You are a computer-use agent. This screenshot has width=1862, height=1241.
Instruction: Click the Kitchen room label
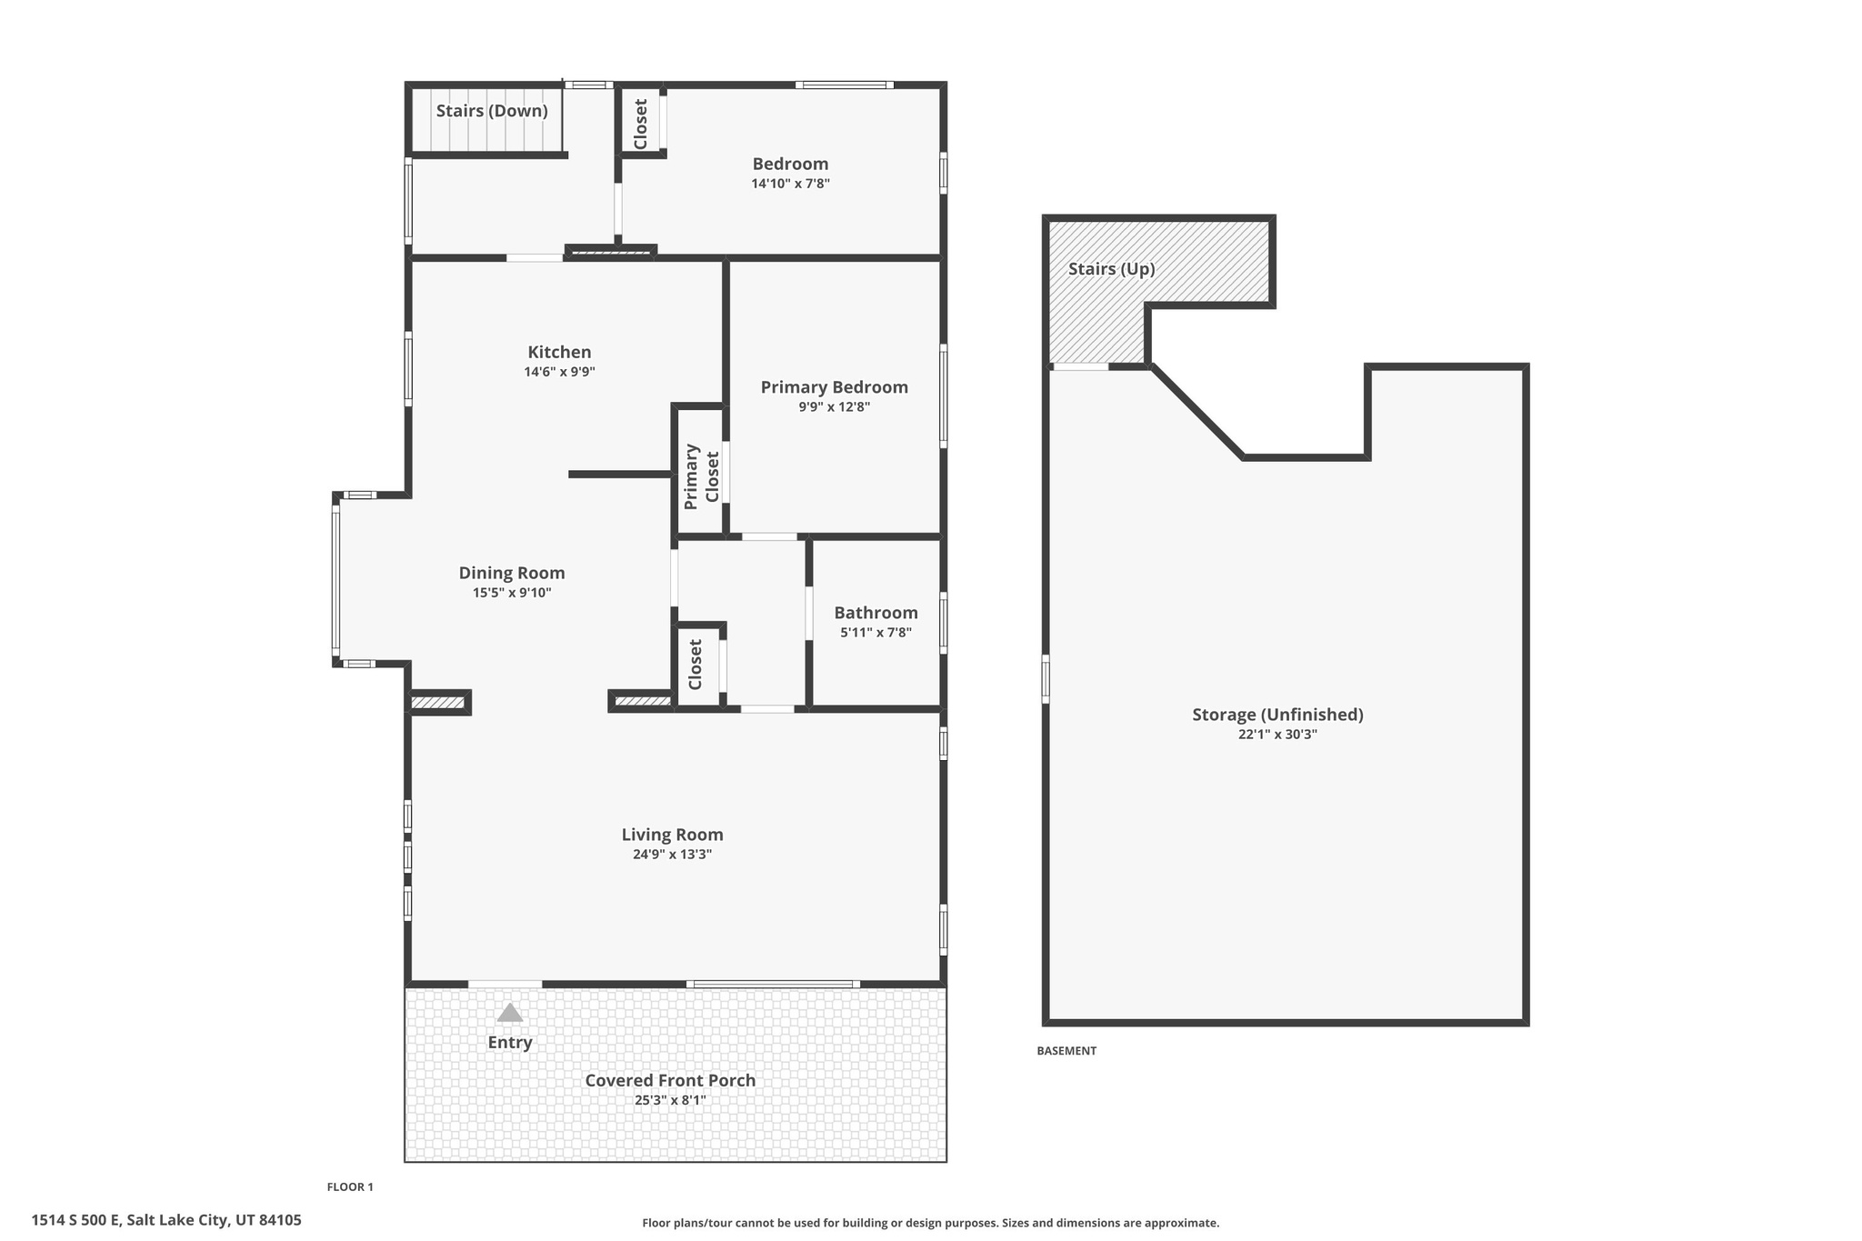pyautogui.click(x=559, y=353)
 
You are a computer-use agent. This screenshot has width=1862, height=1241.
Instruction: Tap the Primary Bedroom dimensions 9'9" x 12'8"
pyautogui.click(x=834, y=407)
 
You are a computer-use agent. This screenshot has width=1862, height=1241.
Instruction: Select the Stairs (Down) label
pyautogui.click(x=492, y=111)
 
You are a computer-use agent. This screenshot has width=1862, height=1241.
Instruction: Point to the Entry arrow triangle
pyautogui.click(x=510, y=1013)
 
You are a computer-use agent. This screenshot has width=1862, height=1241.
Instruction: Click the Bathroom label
pyautogui.click(x=876, y=613)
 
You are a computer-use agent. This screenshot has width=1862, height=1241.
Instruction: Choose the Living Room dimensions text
pyautogui.click(x=672, y=855)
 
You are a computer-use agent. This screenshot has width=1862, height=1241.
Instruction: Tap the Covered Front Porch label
pyautogui.click(x=670, y=1080)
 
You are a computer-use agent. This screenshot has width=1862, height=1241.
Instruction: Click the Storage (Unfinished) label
pyautogui.click(x=1277, y=715)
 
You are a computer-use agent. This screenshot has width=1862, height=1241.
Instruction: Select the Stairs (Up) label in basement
pyautogui.click(x=1111, y=269)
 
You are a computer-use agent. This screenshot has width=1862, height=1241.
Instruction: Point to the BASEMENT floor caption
pyautogui.click(x=1066, y=1051)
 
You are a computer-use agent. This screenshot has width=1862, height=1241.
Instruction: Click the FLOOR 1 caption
pyautogui.click(x=350, y=1186)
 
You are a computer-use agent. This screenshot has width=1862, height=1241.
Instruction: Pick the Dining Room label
pyautogui.click(x=512, y=573)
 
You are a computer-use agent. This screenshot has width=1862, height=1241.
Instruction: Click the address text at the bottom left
pyautogui.click(x=166, y=1220)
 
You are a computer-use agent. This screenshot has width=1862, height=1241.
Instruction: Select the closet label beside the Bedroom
pyautogui.click(x=640, y=124)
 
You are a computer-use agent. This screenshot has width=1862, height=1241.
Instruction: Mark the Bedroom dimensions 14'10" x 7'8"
pyautogui.click(x=790, y=184)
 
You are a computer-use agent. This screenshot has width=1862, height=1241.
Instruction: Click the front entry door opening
pyautogui.click(x=505, y=984)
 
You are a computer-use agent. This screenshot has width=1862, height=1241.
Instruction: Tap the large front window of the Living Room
pyautogui.click(x=773, y=984)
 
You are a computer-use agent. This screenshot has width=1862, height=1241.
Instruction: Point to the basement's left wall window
pyautogui.click(x=1046, y=679)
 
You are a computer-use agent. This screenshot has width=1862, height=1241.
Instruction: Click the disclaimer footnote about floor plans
pyautogui.click(x=930, y=1223)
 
